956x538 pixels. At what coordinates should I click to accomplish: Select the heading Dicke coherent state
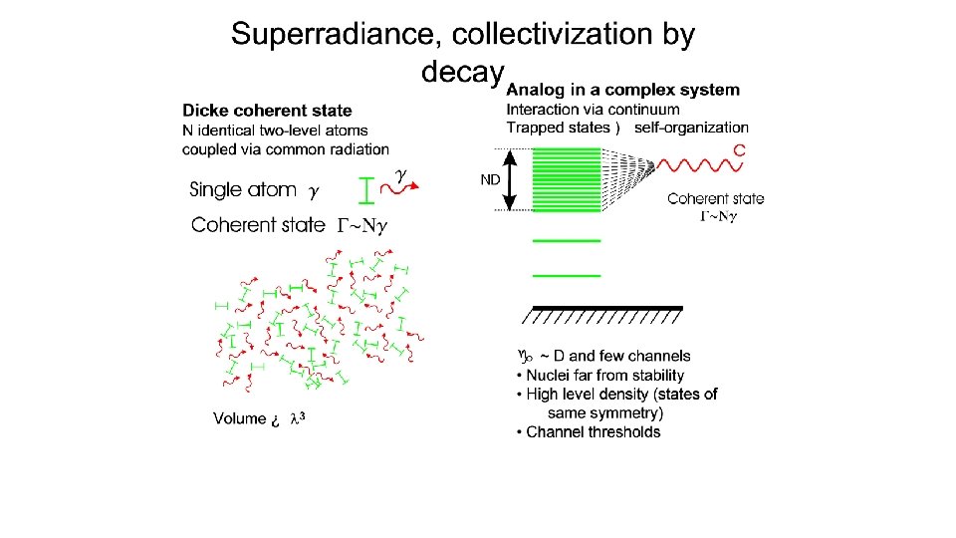click(267, 111)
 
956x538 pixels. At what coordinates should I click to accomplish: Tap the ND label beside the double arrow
click(490, 180)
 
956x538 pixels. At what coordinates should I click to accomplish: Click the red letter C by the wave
click(739, 150)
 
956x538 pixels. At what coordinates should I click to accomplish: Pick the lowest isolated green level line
click(568, 274)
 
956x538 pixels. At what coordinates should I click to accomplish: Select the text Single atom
click(243, 189)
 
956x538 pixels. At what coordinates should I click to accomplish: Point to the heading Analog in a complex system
click(623, 90)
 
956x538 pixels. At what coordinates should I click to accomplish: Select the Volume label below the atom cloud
click(239, 418)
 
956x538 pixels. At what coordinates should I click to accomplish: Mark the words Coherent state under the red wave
click(715, 199)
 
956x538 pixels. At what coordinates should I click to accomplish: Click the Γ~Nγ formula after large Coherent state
click(360, 225)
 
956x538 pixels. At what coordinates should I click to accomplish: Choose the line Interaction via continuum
click(594, 109)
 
